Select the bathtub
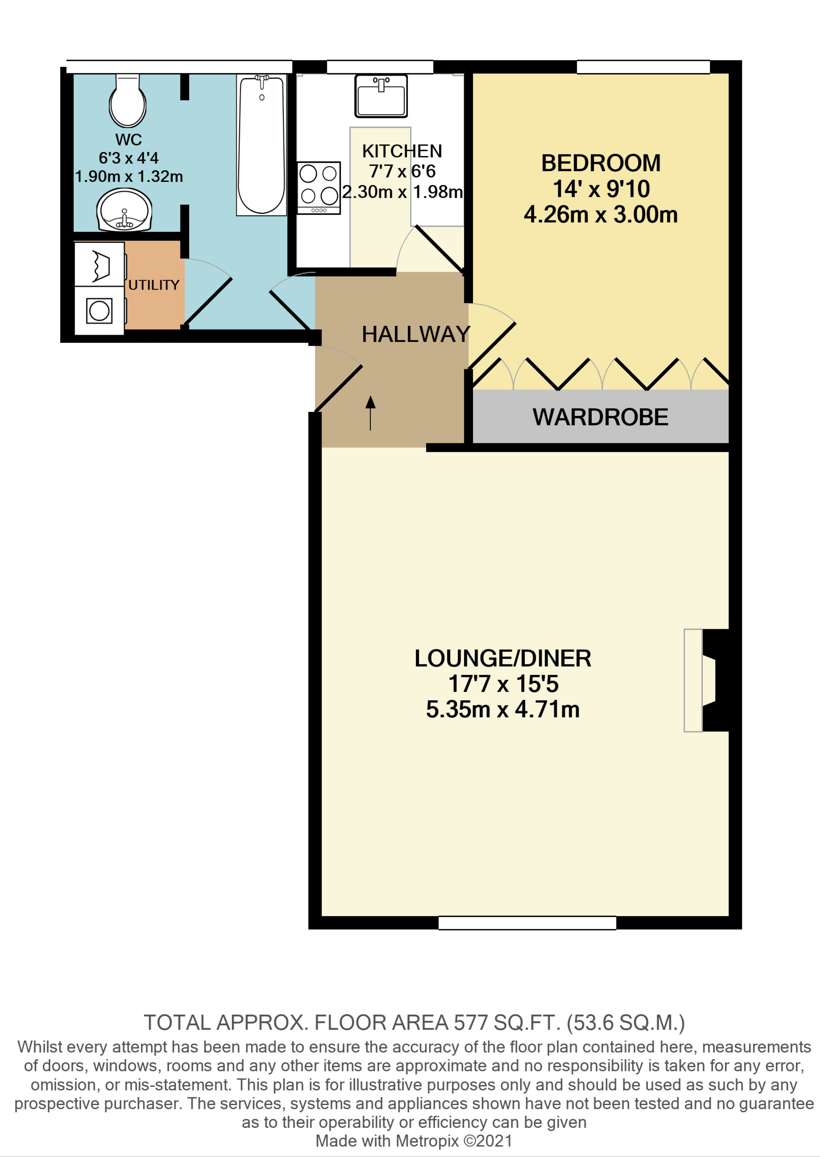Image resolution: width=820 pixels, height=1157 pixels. [x=261, y=145]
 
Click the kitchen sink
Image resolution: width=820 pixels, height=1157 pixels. [x=381, y=96]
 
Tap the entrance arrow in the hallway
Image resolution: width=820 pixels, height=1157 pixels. [x=371, y=413]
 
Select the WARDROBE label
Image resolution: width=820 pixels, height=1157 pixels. [x=600, y=417]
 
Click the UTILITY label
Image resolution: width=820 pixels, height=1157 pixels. [x=154, y=285]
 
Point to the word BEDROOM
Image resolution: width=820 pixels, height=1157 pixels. [x=601, y=163]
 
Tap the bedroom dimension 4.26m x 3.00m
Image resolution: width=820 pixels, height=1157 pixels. [x=601, y=214]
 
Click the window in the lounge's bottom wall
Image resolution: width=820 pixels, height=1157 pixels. [x=527, y=923]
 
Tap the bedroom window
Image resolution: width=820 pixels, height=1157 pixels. [x=643, y=67]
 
